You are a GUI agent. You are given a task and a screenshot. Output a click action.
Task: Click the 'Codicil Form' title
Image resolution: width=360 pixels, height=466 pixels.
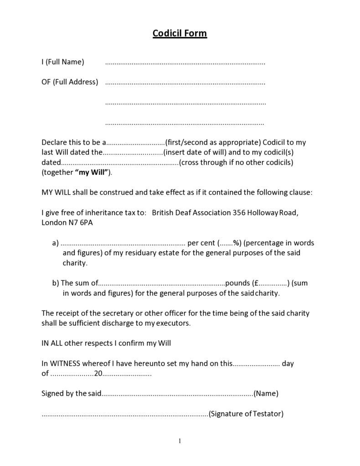pyautogui.click(x=180, y=33)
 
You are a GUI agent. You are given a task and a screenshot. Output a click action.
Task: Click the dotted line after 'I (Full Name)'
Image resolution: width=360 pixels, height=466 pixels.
pyautogui.click(x=185, y=62)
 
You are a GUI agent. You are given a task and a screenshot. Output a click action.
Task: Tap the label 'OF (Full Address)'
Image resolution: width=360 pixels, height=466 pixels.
pyautogui.click(x=70, y=82)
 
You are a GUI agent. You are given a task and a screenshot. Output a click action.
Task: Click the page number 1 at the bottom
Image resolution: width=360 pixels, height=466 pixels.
pyautogui.click(x=180, y=440)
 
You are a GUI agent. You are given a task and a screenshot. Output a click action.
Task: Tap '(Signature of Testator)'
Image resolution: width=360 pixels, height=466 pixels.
pyautogui.click(x=246, y=414)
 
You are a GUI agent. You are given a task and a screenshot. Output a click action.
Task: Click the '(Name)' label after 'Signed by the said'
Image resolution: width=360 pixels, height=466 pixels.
pyautogui.click(x=266, y=393)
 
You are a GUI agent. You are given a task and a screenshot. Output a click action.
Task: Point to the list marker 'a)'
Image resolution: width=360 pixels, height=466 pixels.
pyautogui.click(x=55, y=243)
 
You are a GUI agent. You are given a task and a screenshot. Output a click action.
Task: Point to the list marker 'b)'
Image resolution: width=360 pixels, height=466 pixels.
pyautogui.click(x=55, y=283)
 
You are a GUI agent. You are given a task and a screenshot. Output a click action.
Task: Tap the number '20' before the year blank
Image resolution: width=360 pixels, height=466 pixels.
pyautogui.click(x=98, y=374)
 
